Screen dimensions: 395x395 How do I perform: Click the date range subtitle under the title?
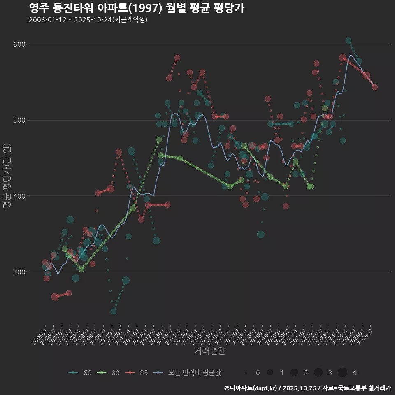[x=88, y=20]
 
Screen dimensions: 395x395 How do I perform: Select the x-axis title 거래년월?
[x=209, y=351]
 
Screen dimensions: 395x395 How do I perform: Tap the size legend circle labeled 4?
[x=342, y=373]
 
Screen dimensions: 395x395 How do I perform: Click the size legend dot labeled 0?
[x=246, y=373]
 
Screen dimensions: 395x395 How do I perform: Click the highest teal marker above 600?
[x=349, y=40]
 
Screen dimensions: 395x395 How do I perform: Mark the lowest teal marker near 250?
[x=113, y=311]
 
